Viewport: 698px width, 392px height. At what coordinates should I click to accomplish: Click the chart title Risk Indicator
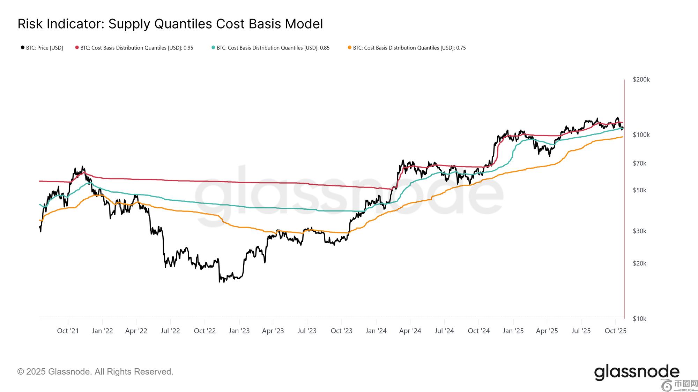point(170,24)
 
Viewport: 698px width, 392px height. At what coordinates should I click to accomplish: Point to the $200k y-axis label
point(641,79)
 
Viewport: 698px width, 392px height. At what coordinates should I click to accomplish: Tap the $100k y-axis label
point(641,135)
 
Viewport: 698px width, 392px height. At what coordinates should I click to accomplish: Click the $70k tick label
point(640,163)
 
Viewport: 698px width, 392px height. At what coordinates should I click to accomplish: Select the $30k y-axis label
point(640,231)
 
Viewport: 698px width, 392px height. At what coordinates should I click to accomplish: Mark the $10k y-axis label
point(640,318)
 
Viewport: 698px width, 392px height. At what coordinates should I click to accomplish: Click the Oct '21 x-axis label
point(68,331)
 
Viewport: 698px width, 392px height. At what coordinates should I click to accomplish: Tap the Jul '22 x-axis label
point(170,331)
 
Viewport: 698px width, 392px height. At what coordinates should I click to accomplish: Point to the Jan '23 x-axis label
point(239,331)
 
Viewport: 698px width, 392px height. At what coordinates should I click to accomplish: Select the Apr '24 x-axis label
point(410,331)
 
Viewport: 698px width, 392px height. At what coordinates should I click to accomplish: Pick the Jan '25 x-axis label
point(513,331)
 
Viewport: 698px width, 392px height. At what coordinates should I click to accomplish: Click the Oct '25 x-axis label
point(615,331)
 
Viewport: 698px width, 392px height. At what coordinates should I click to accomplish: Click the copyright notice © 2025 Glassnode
point(95,372)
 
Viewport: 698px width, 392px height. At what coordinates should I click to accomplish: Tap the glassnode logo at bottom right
point(637,372)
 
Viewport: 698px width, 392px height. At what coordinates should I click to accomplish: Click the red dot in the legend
point(77,47)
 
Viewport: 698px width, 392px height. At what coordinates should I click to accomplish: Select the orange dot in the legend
point(350,47)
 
